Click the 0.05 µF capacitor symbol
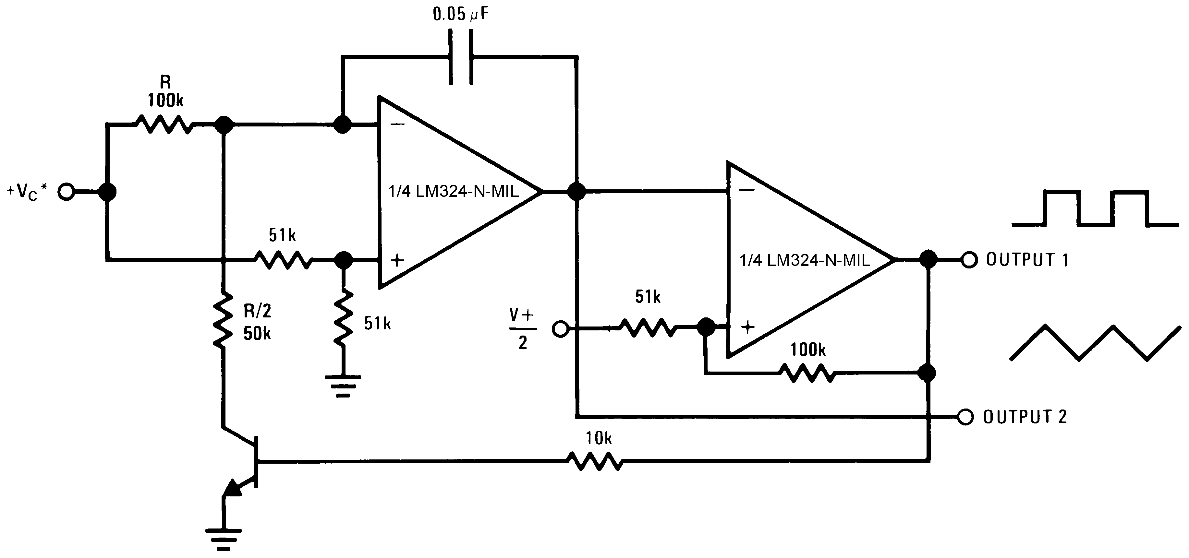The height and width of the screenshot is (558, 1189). coord(461,57)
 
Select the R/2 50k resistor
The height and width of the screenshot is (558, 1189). coord(223,321)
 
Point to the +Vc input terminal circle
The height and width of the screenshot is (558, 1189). coord(67,192)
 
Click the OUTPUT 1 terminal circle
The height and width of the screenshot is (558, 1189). coord(969,260)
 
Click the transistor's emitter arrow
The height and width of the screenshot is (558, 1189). coord(232,488)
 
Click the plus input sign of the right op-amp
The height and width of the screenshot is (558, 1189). coord(748,327)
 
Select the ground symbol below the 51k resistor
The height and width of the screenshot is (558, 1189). coord(343,386)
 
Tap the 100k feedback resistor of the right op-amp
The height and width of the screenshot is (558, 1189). coord(807,373)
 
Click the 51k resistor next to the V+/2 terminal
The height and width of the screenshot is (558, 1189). coord(648,328)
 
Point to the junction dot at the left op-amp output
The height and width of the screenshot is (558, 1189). coord(576,191)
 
